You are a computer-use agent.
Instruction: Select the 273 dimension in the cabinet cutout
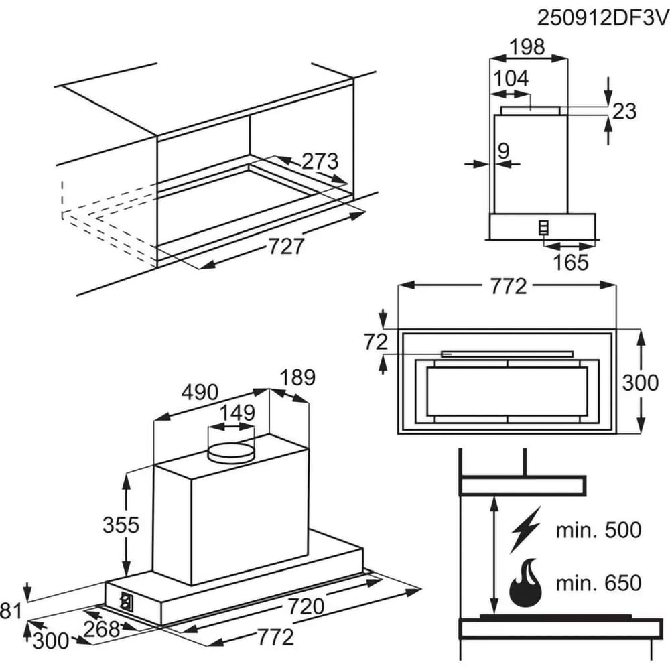[320, 162]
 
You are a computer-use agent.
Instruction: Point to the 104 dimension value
[511, 78]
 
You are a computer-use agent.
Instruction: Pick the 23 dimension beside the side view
[624, 111]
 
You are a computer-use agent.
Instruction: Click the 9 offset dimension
[503, 151]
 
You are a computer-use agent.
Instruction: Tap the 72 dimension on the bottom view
[376, 342]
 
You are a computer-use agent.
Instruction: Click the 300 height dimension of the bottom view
[641, 383]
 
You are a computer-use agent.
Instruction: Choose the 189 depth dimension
[297, 377]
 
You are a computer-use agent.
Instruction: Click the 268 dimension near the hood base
[102, 628]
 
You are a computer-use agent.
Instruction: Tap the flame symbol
[525, 582]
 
